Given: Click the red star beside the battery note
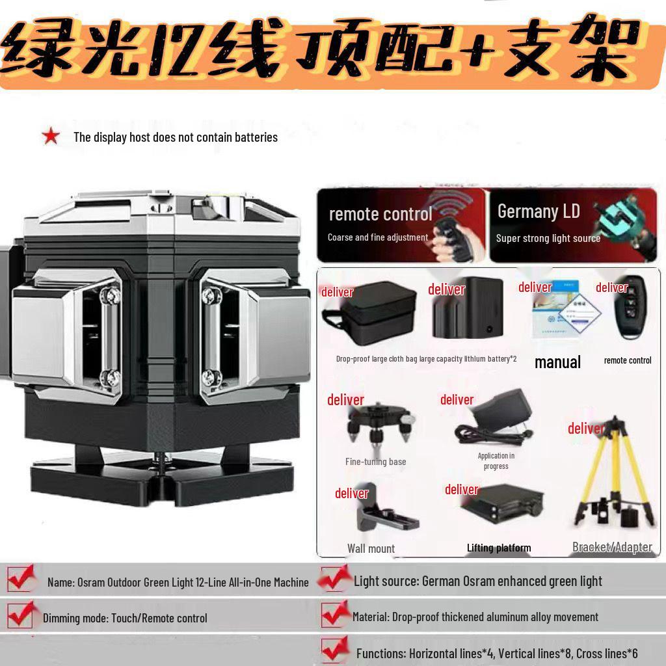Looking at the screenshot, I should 51,137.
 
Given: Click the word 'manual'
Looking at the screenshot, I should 557,362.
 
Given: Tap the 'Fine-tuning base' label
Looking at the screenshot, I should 375,462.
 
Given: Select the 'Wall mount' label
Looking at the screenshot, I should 371,548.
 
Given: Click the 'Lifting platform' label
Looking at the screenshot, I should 498,548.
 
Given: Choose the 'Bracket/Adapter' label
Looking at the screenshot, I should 612,547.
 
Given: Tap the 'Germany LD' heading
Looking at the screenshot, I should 538,211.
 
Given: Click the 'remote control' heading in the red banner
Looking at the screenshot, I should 380,214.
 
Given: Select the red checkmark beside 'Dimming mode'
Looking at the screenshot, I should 20,615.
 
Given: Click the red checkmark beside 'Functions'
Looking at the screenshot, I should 335,650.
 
